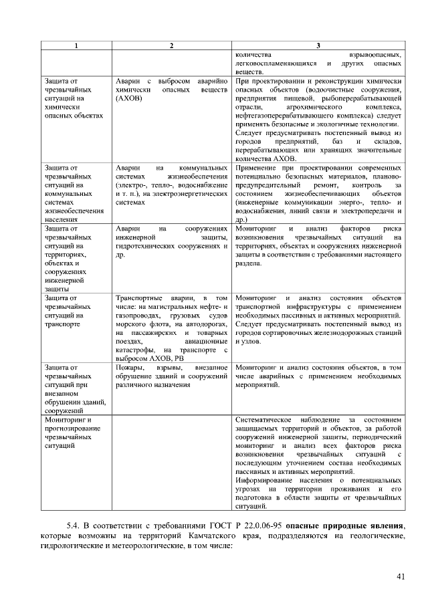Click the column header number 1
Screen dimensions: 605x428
76,45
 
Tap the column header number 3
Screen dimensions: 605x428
318,45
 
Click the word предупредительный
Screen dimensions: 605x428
270,185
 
